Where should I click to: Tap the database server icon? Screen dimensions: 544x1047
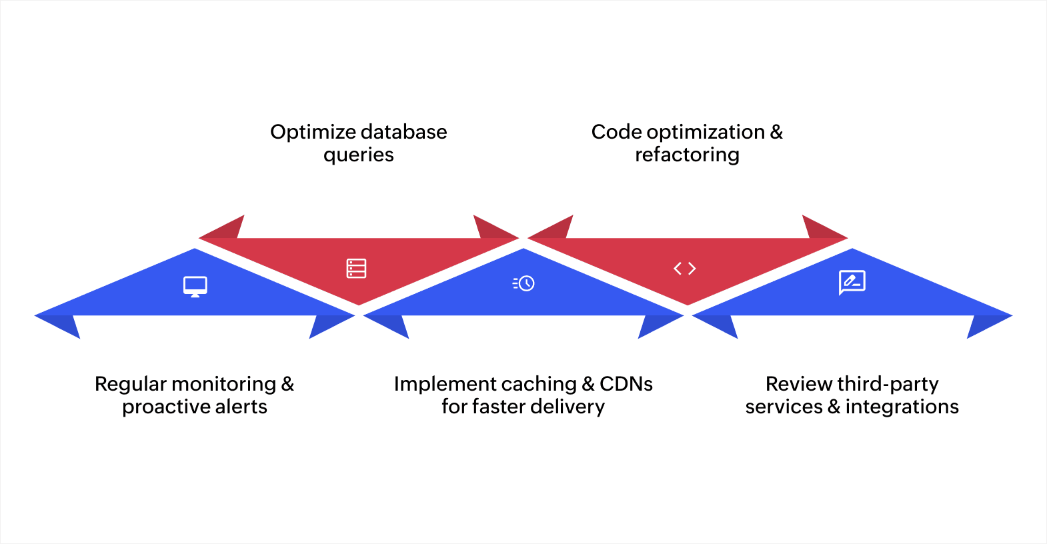356,269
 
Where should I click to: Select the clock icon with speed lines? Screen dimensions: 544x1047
524,283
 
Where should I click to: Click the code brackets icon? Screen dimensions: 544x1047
685,269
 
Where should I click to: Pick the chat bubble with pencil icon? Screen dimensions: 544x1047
852,283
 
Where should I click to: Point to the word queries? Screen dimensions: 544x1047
359,155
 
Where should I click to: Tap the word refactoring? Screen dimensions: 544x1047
687,155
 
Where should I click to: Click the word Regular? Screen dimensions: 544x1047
130,385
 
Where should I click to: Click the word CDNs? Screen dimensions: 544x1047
626,384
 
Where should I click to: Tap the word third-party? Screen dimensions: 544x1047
888,385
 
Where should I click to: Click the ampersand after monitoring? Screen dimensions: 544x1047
287,384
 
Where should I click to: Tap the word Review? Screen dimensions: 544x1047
799,384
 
